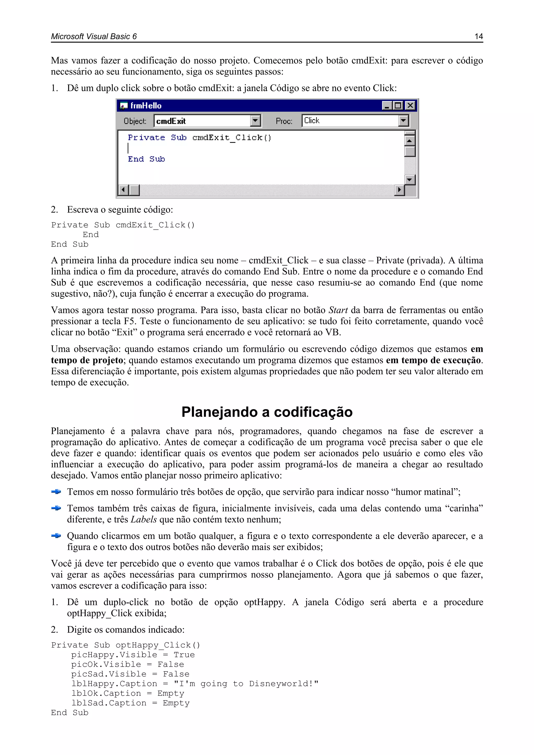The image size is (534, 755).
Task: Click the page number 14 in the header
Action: click(x=478, y=37)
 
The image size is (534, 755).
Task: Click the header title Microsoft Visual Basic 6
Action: click(x=94, y=37)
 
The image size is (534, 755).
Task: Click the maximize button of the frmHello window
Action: click(x=398, y=106)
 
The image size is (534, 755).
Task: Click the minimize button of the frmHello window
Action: click(x=387, y=106)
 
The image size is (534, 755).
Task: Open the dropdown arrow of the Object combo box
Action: click(x=255, y=121)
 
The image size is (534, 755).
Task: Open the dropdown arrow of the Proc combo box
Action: click(x=403, y=121)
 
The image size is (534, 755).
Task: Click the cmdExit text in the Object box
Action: click(x=171, y=121)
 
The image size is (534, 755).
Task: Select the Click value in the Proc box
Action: click(x=312, y=121)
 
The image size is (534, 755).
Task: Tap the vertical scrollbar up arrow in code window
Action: click(x=409, y=141)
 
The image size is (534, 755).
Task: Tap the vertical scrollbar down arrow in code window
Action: click(x=409, y=179)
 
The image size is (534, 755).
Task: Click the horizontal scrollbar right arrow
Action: click(x=399, y=190)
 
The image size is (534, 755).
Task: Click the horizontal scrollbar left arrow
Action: click(x=123, y=190)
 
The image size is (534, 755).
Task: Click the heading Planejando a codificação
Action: click(x=267, y=412)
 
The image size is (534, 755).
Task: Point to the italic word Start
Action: click(x=338, y=310)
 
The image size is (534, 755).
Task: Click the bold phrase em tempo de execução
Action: click(x=433, y=360)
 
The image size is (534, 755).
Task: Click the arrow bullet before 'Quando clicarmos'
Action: click(x=56, y=536)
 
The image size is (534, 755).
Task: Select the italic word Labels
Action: click(x=144, y=519)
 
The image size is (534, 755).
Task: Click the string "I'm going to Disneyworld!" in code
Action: click(x=246, y=684)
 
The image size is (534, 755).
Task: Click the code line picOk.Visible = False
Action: click(x=128, y=664)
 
